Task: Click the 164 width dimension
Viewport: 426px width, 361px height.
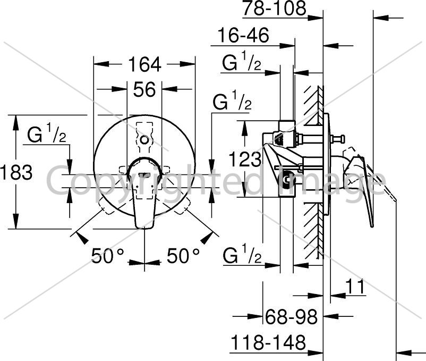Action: point(144,65)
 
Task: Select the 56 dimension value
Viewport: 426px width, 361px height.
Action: point(144,89)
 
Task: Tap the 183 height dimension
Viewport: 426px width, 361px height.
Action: point(16,172)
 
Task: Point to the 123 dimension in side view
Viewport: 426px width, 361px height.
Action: point(245,159)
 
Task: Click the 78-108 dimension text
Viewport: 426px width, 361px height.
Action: point(275,9)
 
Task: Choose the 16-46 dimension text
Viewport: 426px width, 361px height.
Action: point(243,35)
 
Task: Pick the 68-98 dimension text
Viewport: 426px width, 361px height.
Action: point(291,316)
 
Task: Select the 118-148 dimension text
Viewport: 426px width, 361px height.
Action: point(268,342)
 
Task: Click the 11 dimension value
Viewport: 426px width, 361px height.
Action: point(355,286)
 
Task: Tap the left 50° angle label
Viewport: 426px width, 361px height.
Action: point(108,256)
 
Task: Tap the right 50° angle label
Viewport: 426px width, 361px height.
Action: point(183,256)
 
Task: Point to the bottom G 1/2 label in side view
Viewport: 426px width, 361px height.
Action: point(242,254)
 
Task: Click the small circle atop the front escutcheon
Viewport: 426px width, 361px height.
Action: point(144,140)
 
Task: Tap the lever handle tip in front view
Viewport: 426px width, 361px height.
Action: point(144,226)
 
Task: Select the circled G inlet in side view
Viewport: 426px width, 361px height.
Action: point(287,179)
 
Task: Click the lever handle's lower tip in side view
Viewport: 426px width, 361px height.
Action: point(372,225)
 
